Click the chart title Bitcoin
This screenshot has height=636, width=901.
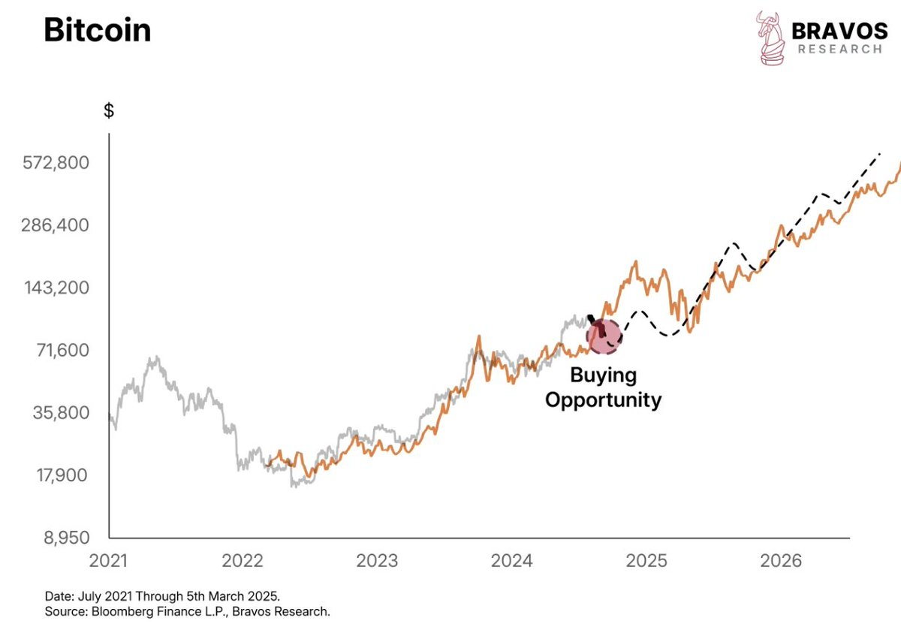click(97, 31)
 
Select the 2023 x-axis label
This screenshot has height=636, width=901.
click(377, 561)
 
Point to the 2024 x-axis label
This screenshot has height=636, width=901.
click(511, 561)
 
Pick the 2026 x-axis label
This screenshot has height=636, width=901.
click(780, 561)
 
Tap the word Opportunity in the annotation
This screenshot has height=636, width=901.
click(603, 399)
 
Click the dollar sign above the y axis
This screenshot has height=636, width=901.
click(109, 111)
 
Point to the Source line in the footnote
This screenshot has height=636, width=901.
click(188, 612)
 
